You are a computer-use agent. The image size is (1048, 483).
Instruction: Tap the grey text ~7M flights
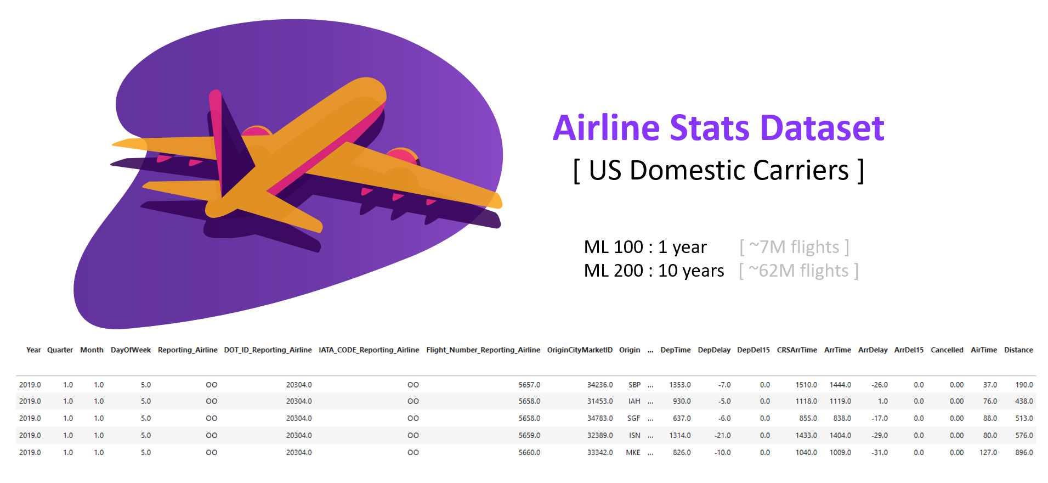[x=794, y=247]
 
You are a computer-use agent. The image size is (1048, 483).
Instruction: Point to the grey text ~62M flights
[x=798, y=271]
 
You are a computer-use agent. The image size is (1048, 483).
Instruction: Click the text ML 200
[x=613, y=271]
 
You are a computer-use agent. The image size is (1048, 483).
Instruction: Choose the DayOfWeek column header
[x=131, y=350]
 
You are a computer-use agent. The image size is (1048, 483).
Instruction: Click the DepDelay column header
[x=714, y=350]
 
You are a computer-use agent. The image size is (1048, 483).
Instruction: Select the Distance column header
[x=1018, y=350]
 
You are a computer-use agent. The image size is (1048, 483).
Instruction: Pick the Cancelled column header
[x=947, y=350]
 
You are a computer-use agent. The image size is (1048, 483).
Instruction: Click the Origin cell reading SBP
[x=635, y=385]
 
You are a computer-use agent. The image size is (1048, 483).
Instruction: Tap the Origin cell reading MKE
[x=633, y=453]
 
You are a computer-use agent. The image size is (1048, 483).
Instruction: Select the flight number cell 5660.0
[x=529, y=453]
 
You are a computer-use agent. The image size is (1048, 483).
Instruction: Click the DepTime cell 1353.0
[x=680, y=385]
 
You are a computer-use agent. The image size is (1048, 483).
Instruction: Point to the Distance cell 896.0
[x=1024, y=453]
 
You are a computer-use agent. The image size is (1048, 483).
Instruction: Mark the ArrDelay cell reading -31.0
[x=880, y=453]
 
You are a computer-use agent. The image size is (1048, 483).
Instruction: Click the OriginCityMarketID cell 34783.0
[x=600, y=418]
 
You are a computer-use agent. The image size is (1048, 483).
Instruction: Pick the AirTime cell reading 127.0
[x=988, y=453]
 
